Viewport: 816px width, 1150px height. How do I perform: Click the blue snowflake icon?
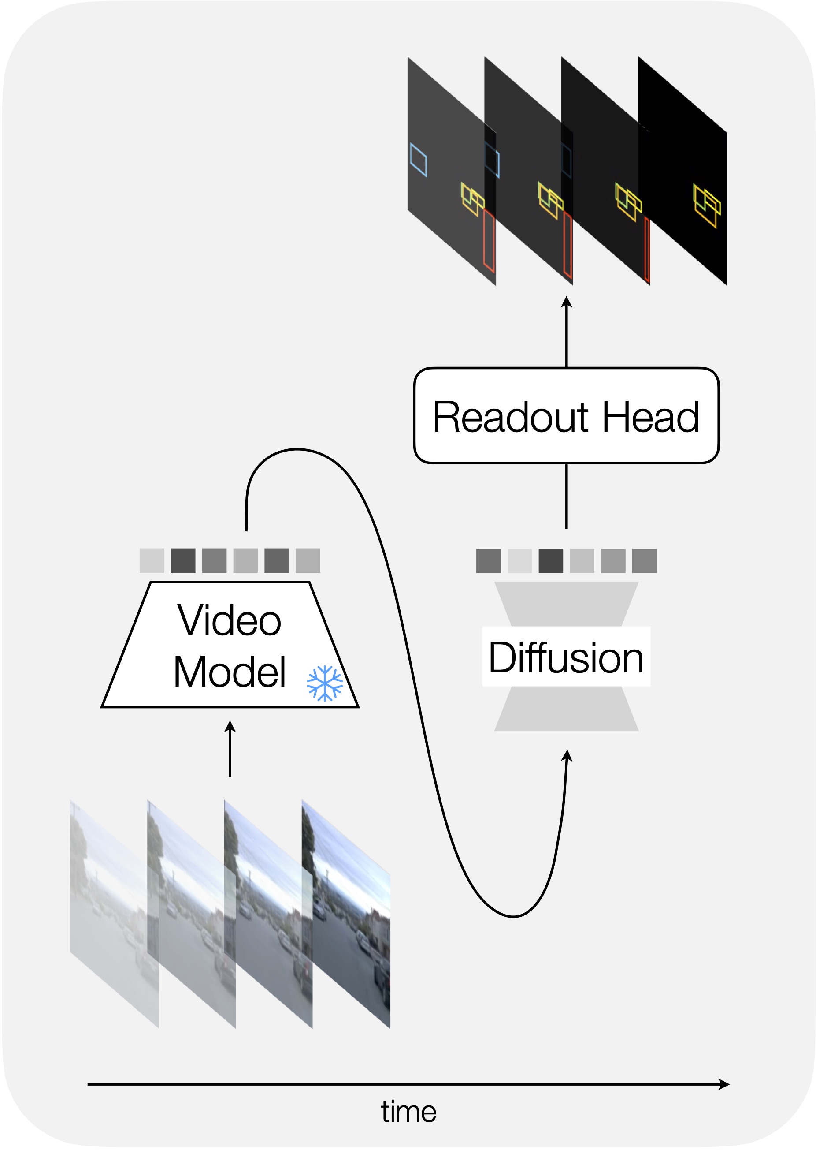click(325, 683)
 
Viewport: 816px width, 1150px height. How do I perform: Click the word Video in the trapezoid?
click(229, 620)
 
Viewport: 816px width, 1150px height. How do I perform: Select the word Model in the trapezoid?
click(230, 672)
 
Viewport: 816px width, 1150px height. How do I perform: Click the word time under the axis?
click(408, 1111)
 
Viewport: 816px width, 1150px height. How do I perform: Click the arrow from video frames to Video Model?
click(230, 749)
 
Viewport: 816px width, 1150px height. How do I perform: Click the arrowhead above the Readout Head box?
click(567, 302)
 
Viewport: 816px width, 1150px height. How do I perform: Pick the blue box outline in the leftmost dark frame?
click(419, 160)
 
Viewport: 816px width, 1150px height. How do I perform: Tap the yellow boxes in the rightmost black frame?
click(706, 205)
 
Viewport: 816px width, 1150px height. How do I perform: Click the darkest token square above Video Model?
click(183, 560)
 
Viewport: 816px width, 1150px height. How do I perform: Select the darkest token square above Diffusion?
click(551, 560)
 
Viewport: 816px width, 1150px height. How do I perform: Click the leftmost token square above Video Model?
click(152, 560)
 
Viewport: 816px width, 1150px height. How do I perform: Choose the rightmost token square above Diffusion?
click(644, 560)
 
